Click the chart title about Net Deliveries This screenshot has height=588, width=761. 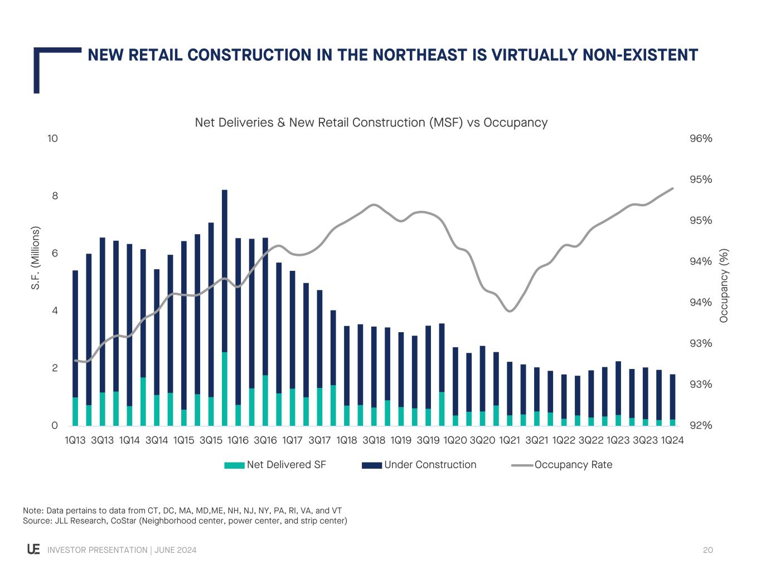coord(371,123)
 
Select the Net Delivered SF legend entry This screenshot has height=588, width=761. coord(275,465)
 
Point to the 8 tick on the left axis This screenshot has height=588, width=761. coord(55,196)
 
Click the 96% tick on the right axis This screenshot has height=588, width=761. coord(701,139)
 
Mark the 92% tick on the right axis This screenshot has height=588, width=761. coord(701,426)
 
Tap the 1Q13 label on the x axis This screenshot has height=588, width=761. coord(75,440)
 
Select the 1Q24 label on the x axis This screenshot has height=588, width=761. coord(672,440)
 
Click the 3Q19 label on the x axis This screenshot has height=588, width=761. coord(428,440)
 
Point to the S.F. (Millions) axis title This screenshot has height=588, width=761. coord(36,257)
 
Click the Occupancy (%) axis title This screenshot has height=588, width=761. coord(724,285)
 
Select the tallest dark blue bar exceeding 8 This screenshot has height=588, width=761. coord(225,268)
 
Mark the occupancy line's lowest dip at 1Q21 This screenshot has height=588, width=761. coord(510,310)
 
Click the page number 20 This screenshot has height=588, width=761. coord(708,550)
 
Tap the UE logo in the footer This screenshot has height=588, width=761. coord(33,550)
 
